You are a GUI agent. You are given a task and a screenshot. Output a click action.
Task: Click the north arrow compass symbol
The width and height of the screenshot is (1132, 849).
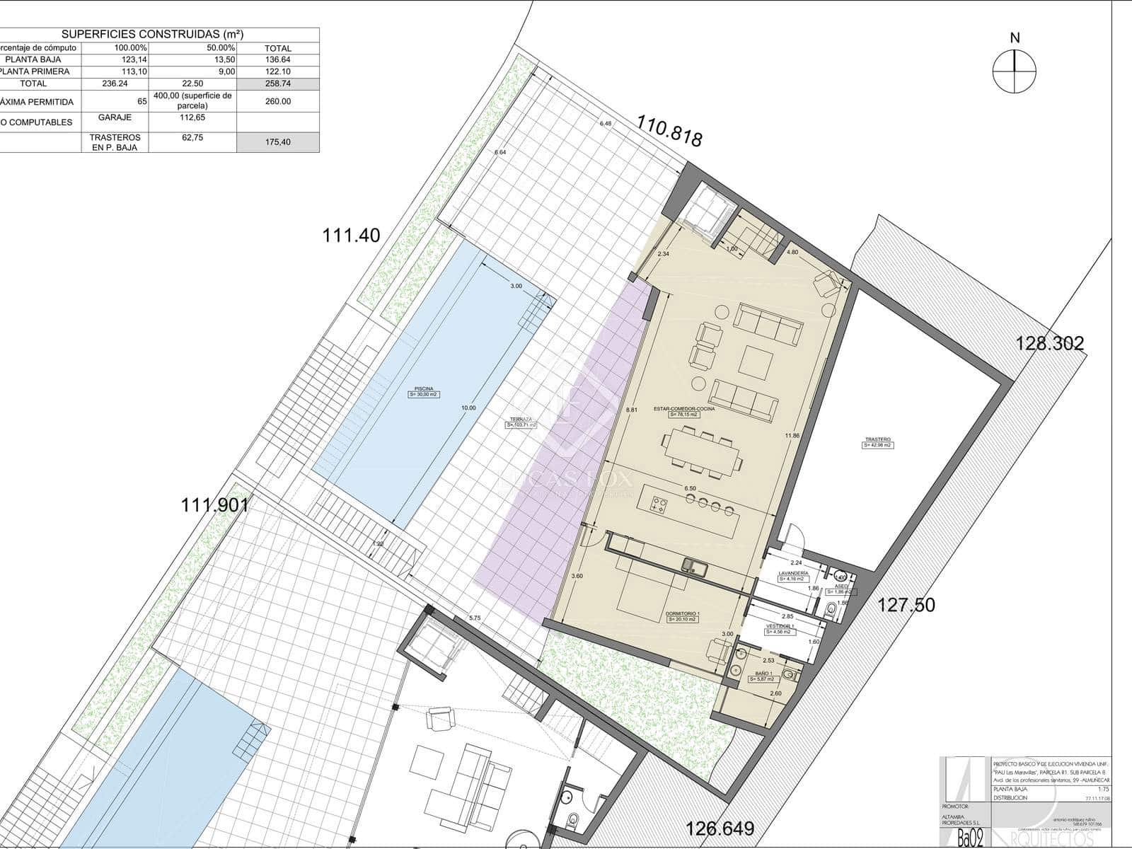[x=1015, y=73]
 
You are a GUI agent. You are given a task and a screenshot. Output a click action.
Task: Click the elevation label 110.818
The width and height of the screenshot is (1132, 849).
[x=669, y=132]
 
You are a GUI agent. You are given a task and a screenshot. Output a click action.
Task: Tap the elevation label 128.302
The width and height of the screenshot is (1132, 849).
[x=1050, y=344]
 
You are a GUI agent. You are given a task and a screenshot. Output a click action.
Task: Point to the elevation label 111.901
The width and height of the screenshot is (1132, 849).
[x=215, y=505]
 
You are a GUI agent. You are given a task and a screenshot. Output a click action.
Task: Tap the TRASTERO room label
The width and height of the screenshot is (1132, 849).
[x=877, y=442]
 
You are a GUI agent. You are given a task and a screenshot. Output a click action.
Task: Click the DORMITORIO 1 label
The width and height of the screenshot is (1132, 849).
[x=683, y=616]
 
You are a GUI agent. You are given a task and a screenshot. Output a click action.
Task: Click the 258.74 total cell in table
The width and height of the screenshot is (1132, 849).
[x=277, y=83]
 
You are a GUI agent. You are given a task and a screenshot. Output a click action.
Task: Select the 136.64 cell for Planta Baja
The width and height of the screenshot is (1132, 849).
[x=277, y=59]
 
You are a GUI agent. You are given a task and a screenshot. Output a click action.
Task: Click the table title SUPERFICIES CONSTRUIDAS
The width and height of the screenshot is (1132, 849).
[x=153, y=34]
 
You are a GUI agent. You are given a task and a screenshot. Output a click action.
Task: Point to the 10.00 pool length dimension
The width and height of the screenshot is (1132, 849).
[x=468, y=408]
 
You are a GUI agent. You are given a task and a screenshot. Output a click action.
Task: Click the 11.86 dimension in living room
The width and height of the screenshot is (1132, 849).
[x=792, y=436]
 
